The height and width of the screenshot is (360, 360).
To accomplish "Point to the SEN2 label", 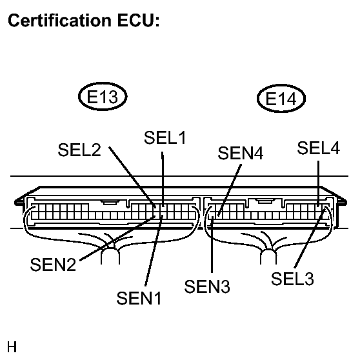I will (x=52, y=263).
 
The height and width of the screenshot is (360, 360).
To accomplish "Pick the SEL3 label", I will (x=293, y=279).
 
